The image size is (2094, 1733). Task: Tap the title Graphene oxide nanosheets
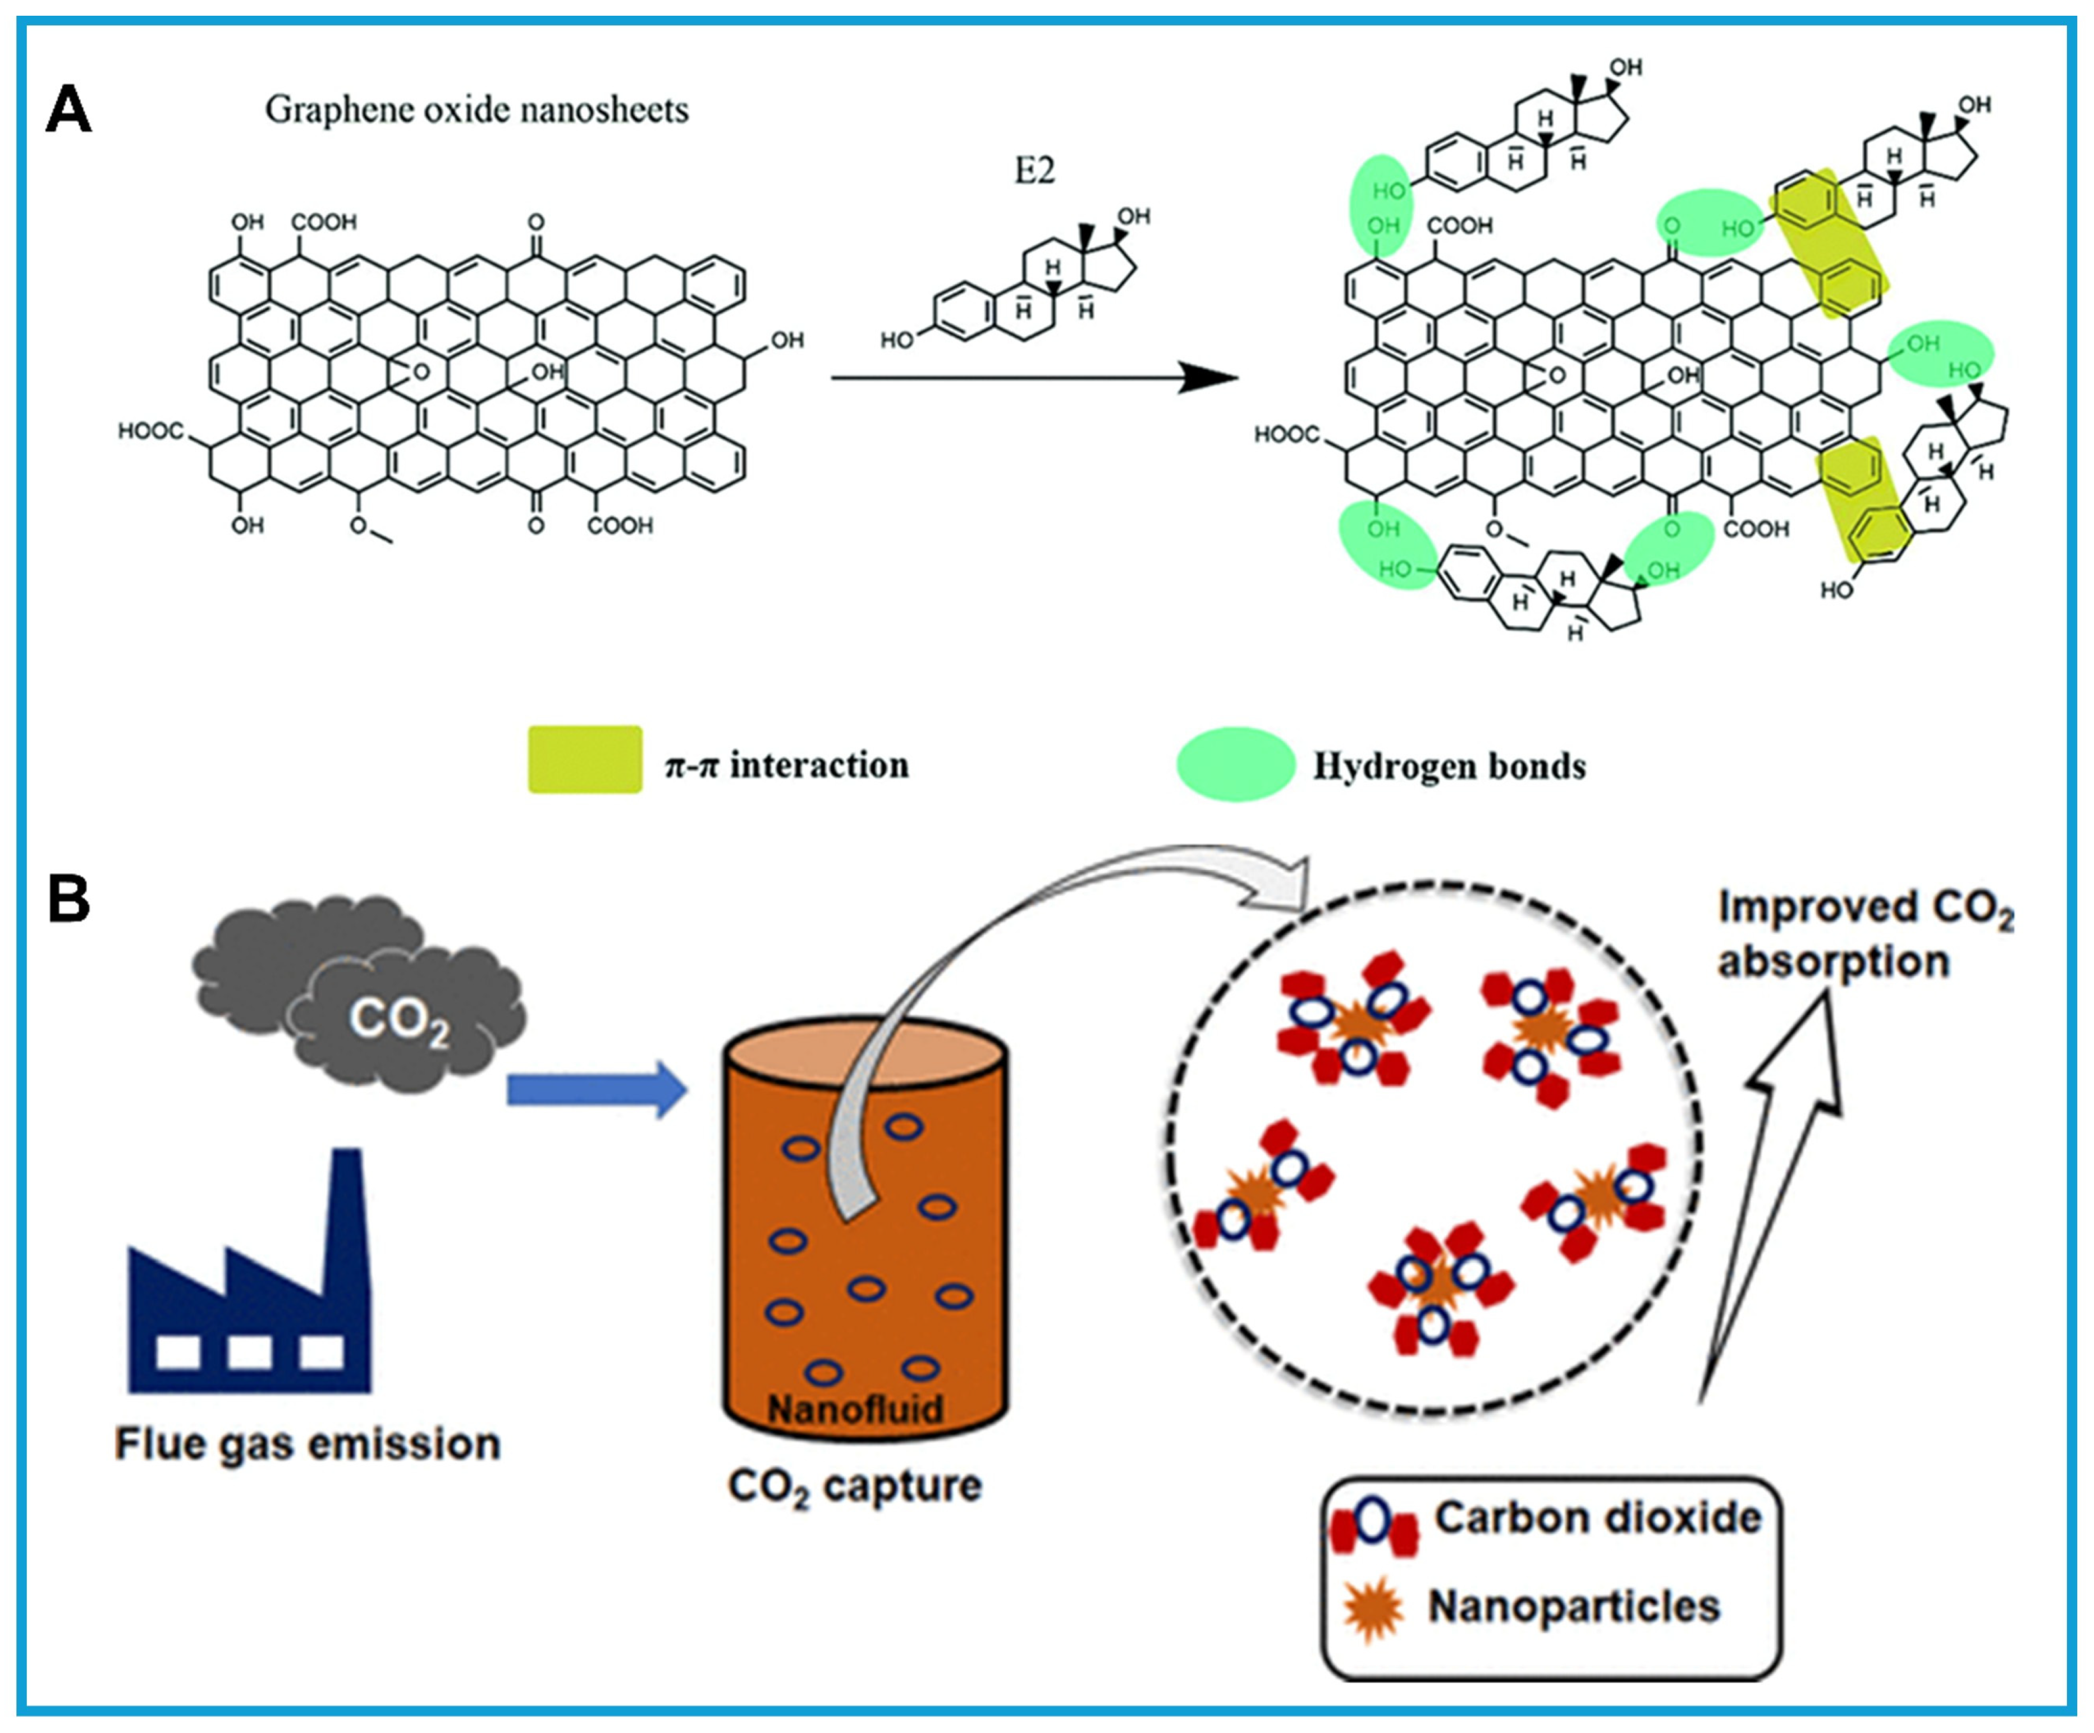point(476,109)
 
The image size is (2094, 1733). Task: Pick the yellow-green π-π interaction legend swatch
point(584,760)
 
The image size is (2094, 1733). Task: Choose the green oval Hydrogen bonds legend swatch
point(1235,764)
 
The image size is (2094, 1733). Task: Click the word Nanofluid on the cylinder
point(855,1409)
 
